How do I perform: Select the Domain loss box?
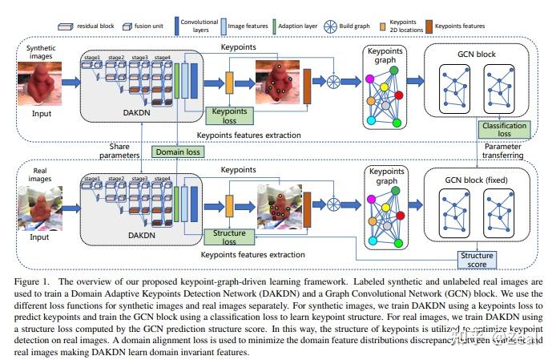coord(177,150)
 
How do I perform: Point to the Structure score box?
coord(477,258)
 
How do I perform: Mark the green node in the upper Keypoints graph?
coord(394,71)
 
